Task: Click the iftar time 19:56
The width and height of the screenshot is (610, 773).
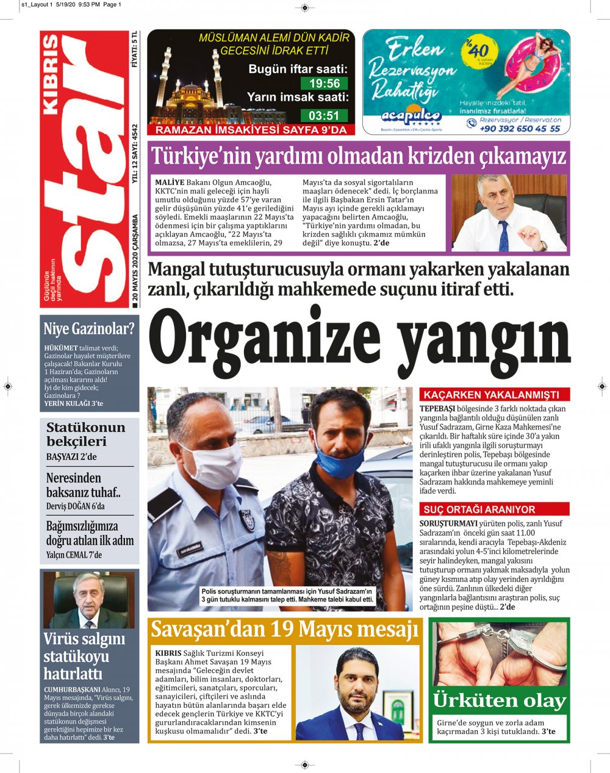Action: point(325,84)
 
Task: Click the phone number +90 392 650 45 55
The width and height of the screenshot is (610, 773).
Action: point(520,129)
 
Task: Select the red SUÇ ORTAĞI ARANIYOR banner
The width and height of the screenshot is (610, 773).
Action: point(494,509)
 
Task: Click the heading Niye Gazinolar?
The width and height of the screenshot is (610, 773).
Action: point(88,329)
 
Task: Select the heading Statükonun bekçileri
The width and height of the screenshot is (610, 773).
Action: point(85,434)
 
